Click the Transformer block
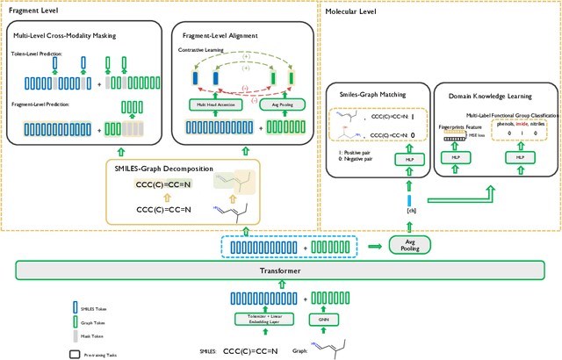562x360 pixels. [280, 271]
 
